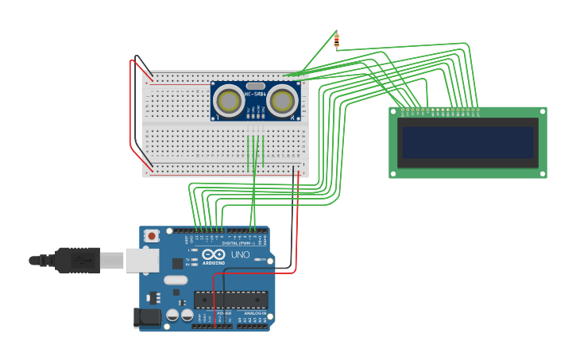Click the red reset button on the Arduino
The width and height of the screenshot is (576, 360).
point(151,236)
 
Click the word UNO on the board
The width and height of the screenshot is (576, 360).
point(240,255)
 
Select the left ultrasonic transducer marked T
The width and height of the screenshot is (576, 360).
point(229,101)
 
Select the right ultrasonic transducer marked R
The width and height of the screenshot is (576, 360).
point(282,101)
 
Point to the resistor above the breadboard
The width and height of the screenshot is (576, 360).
point(337,41)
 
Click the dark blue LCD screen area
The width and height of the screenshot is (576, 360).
point(468,142)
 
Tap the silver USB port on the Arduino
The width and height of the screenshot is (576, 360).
point(142,260)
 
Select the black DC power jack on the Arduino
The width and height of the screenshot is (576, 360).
point(148,318)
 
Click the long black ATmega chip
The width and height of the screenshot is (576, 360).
point(230,300)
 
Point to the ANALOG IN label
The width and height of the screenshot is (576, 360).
point(255,313)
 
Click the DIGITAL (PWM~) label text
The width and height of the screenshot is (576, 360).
point(238,243)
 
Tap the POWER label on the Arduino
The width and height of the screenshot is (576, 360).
point(225,313)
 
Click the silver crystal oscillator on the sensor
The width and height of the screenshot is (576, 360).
point(255,86)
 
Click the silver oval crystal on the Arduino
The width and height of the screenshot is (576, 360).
point(176,280)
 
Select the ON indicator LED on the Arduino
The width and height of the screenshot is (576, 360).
point(257,260)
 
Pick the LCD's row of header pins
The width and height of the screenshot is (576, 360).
point(439,110)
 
